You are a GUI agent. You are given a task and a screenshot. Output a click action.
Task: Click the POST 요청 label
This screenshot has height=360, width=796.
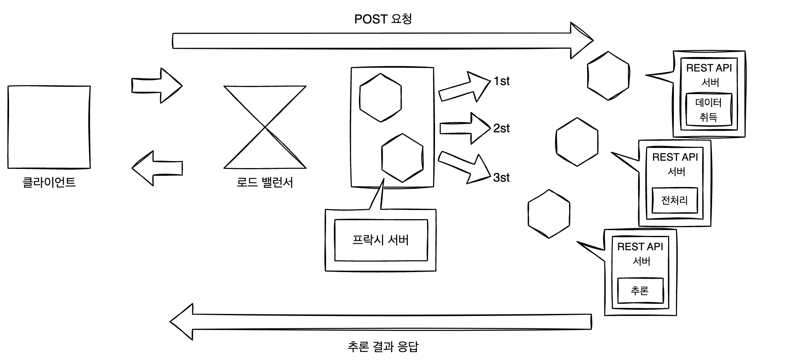(383, 19)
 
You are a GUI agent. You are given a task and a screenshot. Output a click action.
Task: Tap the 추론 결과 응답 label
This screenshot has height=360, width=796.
(383, 346)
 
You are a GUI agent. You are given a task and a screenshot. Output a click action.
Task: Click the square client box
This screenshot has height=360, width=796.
(49, 127)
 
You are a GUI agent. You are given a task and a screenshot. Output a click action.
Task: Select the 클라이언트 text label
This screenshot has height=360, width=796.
(49, 182)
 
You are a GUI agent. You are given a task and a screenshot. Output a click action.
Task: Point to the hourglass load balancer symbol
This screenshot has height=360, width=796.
(265, 127)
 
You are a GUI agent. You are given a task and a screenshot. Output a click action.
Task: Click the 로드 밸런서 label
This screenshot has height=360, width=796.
(265, 182)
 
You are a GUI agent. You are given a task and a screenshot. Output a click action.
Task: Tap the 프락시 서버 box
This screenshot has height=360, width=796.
(381, 240)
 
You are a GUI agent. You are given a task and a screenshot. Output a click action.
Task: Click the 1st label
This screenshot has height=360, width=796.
(501, 81)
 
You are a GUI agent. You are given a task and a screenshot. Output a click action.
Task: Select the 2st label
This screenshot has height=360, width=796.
(501, 129)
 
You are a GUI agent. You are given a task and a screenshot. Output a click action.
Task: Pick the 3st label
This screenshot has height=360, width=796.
(501, 178)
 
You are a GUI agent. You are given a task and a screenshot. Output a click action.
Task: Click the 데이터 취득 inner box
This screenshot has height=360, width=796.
(708, 110)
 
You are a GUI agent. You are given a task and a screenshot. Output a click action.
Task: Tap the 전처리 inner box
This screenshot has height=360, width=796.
(674, 201)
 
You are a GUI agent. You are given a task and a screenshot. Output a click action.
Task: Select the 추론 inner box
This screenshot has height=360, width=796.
(640, 291)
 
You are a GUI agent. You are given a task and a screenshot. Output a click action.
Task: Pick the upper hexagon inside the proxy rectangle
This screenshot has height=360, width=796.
(380, 98)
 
